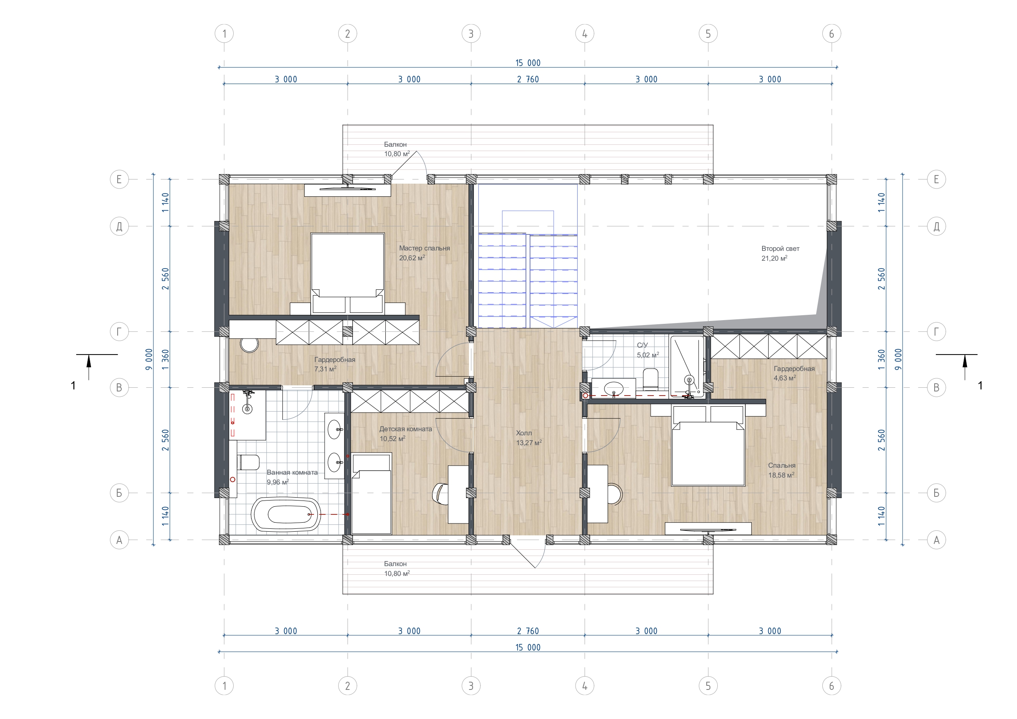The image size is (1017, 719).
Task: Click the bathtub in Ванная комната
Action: click(x=286, y=514)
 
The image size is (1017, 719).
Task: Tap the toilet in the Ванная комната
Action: click(x=248, y=462)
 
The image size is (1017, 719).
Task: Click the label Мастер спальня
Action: click(x=424, y=248)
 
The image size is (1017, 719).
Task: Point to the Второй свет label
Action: click(x=780, y=248)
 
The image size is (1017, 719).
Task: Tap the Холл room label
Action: click(x=524, y=433)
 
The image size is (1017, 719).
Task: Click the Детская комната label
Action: click(x=406, y=429)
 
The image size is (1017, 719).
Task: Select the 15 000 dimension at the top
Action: click(x=528, y=63)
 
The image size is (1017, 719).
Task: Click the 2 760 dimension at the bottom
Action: click(x=528, y=631)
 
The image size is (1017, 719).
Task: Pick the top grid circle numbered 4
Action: click(x=585, y=34)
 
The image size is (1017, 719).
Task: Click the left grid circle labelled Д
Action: click(x=119, y=226)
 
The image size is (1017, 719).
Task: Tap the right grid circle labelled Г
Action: click(x=936, y=331)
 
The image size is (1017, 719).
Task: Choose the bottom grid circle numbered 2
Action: click(x=347, y=686)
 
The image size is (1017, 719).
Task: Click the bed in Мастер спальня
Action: click(x=347, y=273)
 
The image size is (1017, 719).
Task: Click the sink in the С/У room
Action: click(x=614, y=389)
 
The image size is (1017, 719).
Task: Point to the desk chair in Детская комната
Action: click(x=439, y=493)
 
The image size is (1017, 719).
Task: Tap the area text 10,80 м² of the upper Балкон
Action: click(x=397, y=154)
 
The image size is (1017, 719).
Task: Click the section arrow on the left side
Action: click(x=89, y=367)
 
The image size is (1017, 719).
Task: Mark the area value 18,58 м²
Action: click(x=781, y=475)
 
